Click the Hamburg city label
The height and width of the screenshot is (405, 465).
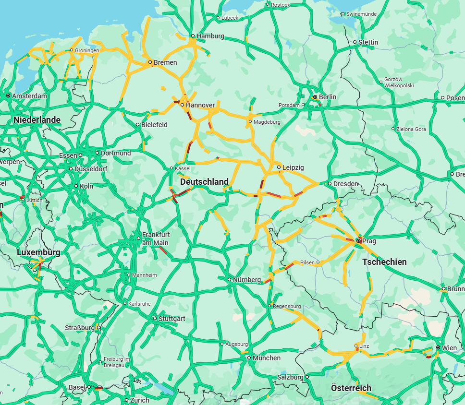tap(210, 36)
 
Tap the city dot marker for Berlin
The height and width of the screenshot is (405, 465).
tap(315, 97)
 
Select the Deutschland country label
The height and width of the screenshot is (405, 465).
tap(204, 182)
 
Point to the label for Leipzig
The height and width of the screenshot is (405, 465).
tap(293, 167)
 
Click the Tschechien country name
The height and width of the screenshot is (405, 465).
tap(384, 262)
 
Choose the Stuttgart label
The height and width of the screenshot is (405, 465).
tap(172, 319)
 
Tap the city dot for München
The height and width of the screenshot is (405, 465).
tap(249, 358)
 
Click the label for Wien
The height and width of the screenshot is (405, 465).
tap(450, 347)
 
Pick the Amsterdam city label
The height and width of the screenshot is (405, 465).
tap(29, 96)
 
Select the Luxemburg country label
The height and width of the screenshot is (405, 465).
tap(38, 252)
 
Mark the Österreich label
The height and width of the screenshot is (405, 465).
tap(351, 388)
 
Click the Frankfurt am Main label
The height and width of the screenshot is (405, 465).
tap(155, 238)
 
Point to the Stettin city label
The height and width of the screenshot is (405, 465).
tap(368, 42)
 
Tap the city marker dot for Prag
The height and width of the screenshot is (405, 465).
tap(358, 240)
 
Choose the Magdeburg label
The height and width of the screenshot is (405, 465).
tap(267, 122)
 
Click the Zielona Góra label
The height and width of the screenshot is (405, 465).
tap(412, 129)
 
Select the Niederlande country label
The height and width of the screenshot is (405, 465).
tap(37, 119)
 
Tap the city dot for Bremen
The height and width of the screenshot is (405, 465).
tap(150, 62)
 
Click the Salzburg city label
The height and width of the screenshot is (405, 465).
tap(290, 377)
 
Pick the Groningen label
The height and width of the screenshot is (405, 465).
tap(87, 50)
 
